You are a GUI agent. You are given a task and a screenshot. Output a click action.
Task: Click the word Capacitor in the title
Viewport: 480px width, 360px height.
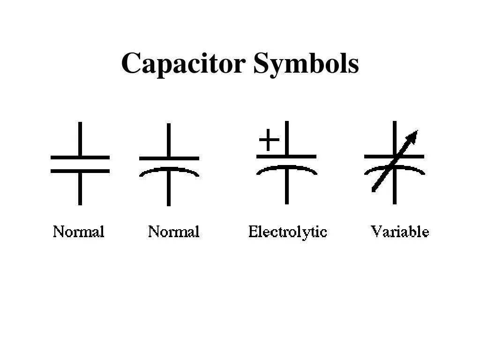tap(183, 64)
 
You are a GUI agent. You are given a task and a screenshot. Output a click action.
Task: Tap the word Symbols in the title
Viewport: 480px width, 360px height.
tap(306, 64)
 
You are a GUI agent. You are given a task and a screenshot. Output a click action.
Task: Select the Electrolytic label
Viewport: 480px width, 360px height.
tap(287, 232)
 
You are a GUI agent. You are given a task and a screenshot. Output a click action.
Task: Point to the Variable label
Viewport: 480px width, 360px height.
tap(400, 232)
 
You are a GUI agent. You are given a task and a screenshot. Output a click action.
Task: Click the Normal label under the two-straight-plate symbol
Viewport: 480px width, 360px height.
tap(78, 232)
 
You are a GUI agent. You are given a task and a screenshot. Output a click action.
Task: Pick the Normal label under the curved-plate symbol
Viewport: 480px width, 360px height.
tap(173, 232)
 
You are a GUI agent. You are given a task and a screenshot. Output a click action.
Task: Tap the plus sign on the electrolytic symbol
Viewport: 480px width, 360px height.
tap(269, 139)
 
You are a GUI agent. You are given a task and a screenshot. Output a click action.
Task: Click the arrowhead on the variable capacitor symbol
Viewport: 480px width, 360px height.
tap(412, 136)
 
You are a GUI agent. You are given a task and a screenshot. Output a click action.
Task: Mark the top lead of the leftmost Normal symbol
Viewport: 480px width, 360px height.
tap(80, 138)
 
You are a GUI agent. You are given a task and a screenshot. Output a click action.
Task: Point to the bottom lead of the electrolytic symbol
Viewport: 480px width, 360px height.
tap(286, 190)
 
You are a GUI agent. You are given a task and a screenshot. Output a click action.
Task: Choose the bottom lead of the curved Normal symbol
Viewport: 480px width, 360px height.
tap(169, 192)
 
